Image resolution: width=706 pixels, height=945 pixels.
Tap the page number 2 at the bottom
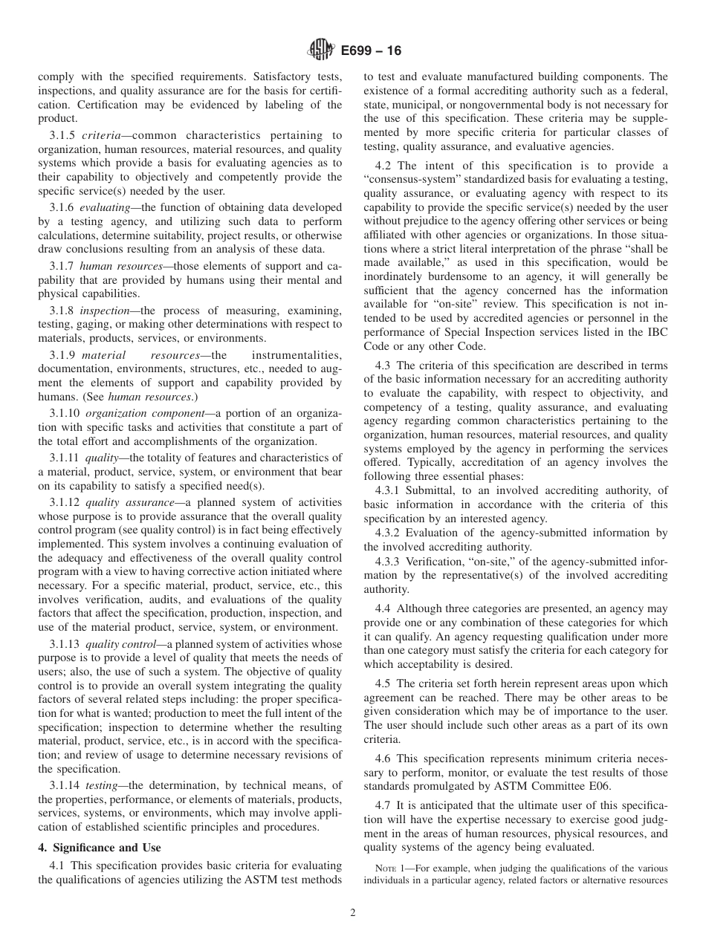click(353, 913)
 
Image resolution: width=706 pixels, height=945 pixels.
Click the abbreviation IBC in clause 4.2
click(656, 332)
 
